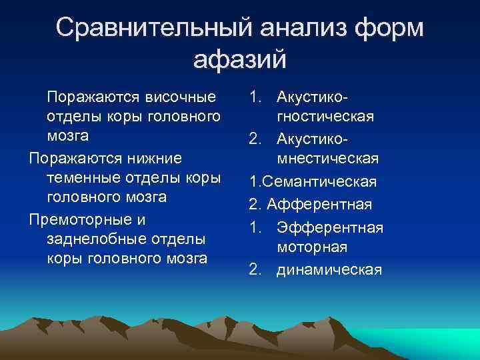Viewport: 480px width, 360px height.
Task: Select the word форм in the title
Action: point(389,29)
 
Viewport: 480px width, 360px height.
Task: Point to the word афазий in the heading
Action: point(240,59)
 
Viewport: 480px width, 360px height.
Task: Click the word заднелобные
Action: point(92,239)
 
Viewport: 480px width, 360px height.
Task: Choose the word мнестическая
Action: point(327,159)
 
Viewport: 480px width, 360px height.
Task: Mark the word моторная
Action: point(313,247)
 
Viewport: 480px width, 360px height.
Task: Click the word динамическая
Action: point(330,269)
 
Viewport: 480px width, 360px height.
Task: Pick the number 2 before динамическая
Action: point(255,269)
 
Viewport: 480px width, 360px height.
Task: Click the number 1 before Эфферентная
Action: point(255,227)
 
